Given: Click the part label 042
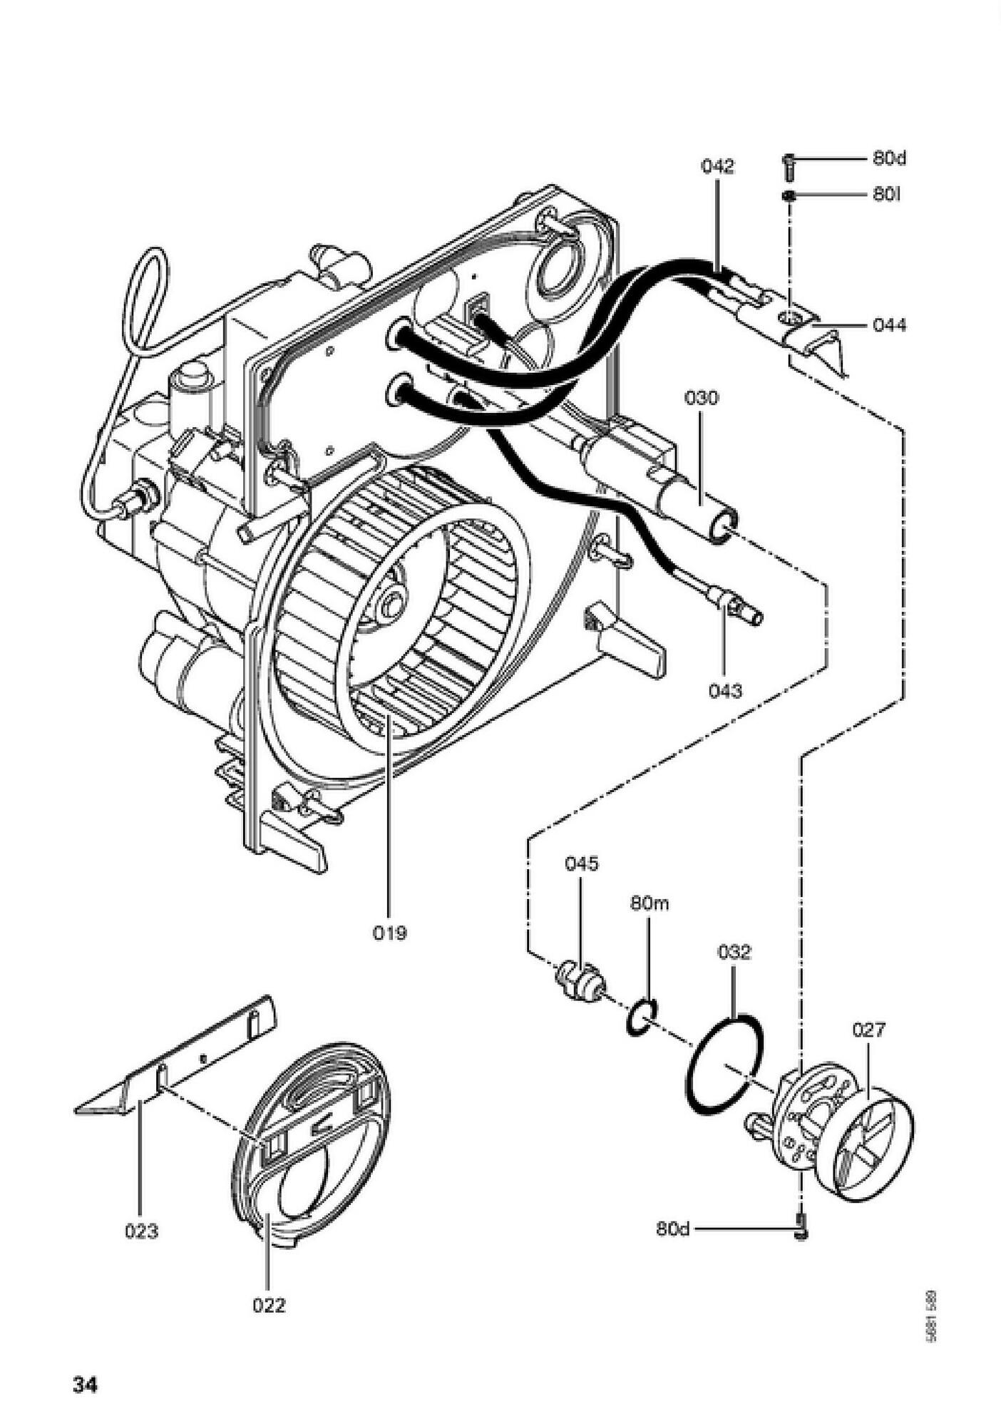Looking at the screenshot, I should coord(717,167).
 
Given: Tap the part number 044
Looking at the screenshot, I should coord(889,326).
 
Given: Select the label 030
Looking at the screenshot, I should coord(702,398).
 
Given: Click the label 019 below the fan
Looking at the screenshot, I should coord(390,933).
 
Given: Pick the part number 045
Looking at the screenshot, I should coord(582,863).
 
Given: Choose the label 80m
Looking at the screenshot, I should coord(650,904).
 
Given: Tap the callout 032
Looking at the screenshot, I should coord(734,952).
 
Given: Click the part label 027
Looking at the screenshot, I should coord(868,1030).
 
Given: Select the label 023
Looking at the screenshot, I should coord(141,1231).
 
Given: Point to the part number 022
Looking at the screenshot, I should coord(269,1306).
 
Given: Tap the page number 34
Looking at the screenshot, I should coord(85,1385).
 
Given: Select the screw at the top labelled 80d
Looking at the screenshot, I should coord(789,164).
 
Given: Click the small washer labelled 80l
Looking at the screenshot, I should coord(789,195).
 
